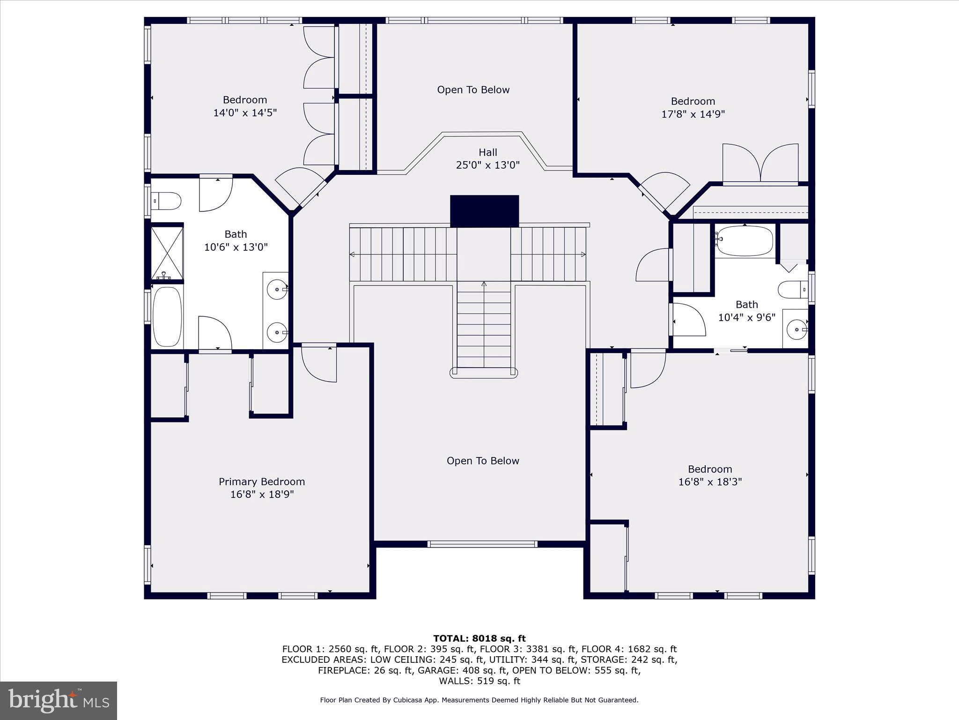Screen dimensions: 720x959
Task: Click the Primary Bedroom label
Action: (262, 481)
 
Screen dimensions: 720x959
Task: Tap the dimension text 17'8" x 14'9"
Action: (693, 114)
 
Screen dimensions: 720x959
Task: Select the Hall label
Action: (487, 152)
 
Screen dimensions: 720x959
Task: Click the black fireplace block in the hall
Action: (484, 211)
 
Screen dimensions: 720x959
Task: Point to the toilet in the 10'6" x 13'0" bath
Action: (167, 201)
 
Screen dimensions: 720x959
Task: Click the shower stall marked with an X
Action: (167, 253)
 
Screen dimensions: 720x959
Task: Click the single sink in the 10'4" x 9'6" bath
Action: (796, 330)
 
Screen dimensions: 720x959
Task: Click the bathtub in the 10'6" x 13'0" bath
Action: (167, 316)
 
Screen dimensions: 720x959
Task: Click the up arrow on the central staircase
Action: (484, 284)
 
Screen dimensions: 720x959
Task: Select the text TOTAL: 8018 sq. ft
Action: (479, 638)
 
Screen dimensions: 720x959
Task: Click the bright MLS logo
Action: (59, 700)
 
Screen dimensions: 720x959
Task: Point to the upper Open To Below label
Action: (473, 90)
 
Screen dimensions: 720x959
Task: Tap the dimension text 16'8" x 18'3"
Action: (709, 482)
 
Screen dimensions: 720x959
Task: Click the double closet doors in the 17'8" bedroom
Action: (760, 164)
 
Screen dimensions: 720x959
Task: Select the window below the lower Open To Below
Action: (482, 544)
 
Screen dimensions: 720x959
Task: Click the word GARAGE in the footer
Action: (434, 670)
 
